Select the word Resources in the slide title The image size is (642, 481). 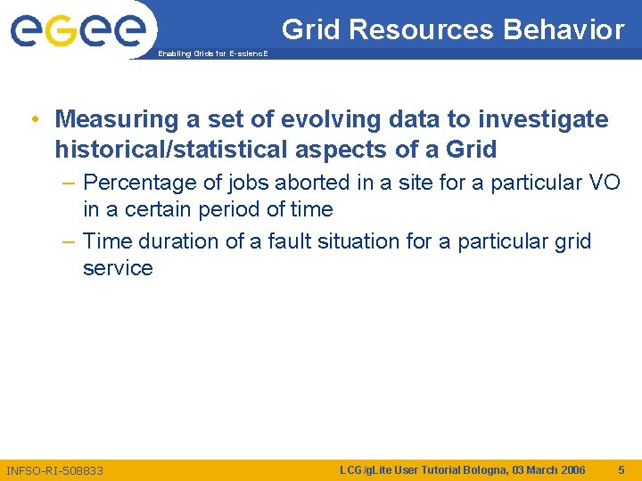(420, 30)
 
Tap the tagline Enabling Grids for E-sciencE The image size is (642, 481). (210, 53)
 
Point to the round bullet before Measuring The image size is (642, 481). (33, 119)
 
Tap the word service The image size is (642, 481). (118, 268)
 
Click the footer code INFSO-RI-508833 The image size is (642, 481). (54, 470)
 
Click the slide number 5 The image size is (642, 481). (621, 469)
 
